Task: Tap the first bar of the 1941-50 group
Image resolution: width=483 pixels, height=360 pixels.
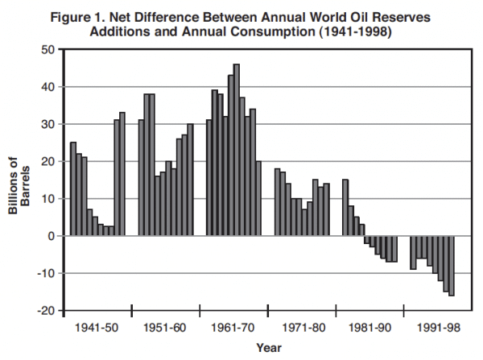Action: (x=73, y=188)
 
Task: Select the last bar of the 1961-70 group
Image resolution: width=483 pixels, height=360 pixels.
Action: (x=258, y=198)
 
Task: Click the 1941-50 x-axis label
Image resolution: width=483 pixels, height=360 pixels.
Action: (x=98, y=329)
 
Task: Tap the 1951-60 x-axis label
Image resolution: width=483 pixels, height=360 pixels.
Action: (x=166, y=329)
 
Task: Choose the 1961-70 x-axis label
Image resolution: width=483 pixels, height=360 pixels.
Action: (x=233, y=329)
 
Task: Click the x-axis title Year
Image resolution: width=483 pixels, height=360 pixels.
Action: (x=268, y=348)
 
